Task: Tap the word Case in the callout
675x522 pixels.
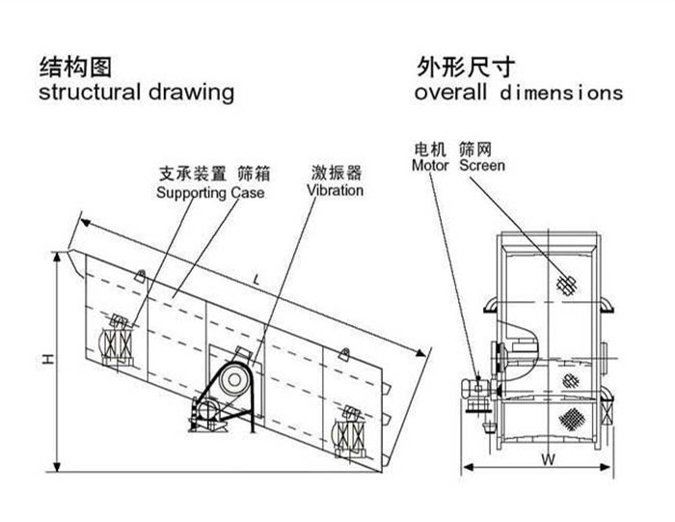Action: point(247,193)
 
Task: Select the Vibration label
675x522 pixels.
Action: point(336,190)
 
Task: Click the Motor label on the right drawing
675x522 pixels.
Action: point(431,166)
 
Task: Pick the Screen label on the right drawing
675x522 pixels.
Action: point(482,166)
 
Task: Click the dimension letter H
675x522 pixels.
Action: point(46,359)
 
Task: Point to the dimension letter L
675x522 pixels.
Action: point(254,278)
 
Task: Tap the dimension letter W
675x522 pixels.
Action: point(547,460)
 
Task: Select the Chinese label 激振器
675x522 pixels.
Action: point(336,174)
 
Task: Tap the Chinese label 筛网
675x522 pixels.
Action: point(481,150)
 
